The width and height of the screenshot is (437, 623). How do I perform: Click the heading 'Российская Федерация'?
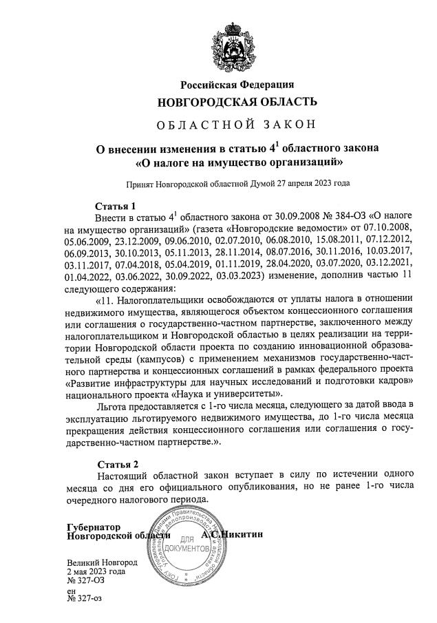coord(237,85)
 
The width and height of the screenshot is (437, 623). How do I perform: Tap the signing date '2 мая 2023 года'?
coord(96,571)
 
